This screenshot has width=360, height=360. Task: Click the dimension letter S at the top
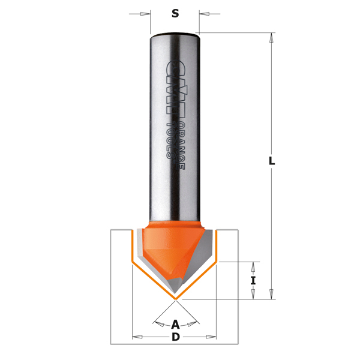pyautogui.click(x=175, y=14)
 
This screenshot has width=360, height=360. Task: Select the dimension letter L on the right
pyautogui.click(x=272, y=161)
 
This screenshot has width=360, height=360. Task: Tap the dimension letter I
pyautogui.click(x=253, y=281)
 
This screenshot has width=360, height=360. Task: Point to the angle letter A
pyautogui.click(x=175, y=325)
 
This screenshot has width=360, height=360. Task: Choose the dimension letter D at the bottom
pyautogui.click(x=176, y=337)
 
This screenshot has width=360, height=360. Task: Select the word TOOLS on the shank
pyautogui.click(x=170, y=140)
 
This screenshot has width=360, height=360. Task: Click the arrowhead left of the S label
pyautogui.click(x=144, y=14)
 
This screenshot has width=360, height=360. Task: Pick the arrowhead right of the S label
pyautogui.click(x=205, y=14)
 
